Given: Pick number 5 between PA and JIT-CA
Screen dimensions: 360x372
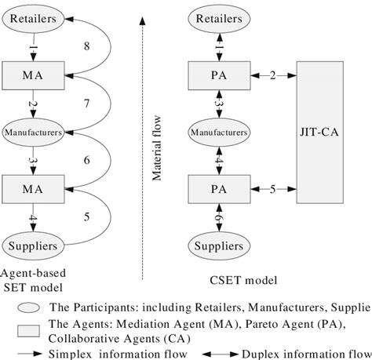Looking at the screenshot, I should [273, 188].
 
